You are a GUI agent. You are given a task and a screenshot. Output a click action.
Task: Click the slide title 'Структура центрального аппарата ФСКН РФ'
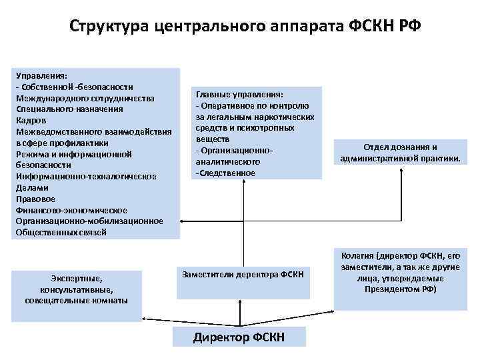(245, 27)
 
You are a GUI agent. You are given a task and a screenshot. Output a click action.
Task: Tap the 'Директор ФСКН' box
(239, 337)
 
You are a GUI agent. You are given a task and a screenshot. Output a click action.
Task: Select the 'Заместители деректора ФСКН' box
(243, 274)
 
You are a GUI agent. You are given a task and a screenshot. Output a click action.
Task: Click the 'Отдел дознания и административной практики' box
(400, 153)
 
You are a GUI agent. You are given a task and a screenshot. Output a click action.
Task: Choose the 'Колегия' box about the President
(400, 273)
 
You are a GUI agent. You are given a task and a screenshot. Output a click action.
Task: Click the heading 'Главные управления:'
(239, 94)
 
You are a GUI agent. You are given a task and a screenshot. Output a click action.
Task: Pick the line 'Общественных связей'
(61, 233)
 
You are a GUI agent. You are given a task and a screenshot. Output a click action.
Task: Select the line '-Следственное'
(225, 173)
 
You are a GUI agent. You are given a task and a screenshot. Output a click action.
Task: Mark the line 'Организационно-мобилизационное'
(88, 221)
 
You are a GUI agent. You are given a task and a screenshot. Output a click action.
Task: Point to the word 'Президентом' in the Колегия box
(390, 290)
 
